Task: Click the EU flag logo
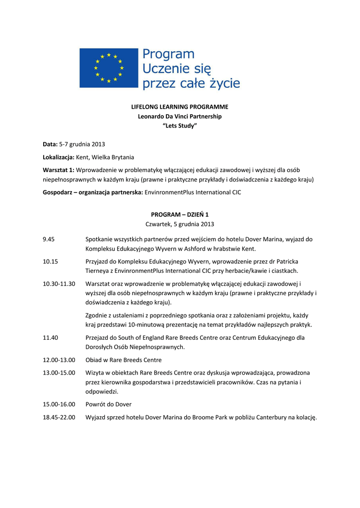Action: click(x=109, y=68)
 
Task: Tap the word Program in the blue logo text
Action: click(x=168, y=55)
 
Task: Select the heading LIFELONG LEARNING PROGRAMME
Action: click(x=180, y=107)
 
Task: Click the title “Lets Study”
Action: click(x=180, y=126)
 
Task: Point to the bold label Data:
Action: click(x=50, y=144)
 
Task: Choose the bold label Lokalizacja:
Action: click(x=59, y=157)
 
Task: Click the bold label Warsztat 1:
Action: click(x=59, y=170)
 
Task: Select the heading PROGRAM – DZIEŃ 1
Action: click(x=180, y=214)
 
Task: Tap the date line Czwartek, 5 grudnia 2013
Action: click(x=180, y=224)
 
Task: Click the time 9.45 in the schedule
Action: click(x=49, y=239)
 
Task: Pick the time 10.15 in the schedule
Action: click(x=50, y=261)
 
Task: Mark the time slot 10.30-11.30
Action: click(x=59, y=283)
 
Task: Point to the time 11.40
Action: click(x=50, y=337)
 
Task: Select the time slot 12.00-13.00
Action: click(x=59, y=360)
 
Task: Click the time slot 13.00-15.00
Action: click(x=59, y=372)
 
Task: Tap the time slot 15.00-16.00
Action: click(x=59, y=404)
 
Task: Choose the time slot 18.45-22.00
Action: click(x=59, y=417)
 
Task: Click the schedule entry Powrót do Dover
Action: click(x=108, y=404)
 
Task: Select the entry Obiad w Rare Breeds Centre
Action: click(x=123, y=360)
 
